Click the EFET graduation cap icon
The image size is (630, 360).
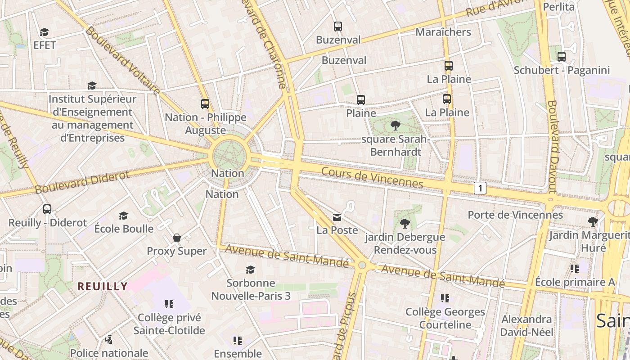pyautogui.click(x=44, y=32)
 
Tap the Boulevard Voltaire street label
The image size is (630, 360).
pyautogui.click(x=122, y=61)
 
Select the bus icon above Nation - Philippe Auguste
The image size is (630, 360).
pyautogui.click(x=205, y=104)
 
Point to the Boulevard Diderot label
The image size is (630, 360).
pyautogui.click(x=82, y=182)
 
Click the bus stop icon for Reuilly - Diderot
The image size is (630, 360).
pyautogui.click(x=47, y=209)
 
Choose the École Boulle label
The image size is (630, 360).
pyautogui.click(x=124, y=228)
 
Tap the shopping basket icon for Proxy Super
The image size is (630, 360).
pyautogui.click(x=177, y=237)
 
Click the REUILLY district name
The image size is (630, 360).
pyautogui.click(x=103, y=286)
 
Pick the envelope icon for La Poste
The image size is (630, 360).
pyautogui.click(x=337, y=217)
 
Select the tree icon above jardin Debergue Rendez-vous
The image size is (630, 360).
pyautogui.click(x=405, y=223)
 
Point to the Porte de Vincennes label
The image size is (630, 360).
pyautogui.click(x=515, y=215)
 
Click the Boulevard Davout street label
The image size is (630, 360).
pyautogui.click(x=553, y=146)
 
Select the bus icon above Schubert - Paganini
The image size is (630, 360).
pyautogui.click(x=562, y=57)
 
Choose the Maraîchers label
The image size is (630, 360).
pyautogui.click(x=443, y=32)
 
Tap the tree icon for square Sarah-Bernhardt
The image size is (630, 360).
pyautogui.click(x=396, y=126)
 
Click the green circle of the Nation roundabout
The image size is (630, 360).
pyautogui.click(x=229, y=155)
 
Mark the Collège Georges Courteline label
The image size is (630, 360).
pyautogui.click(x=445, y=318)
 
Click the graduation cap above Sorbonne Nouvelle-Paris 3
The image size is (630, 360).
pyautogui.click(x=250, y=270)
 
